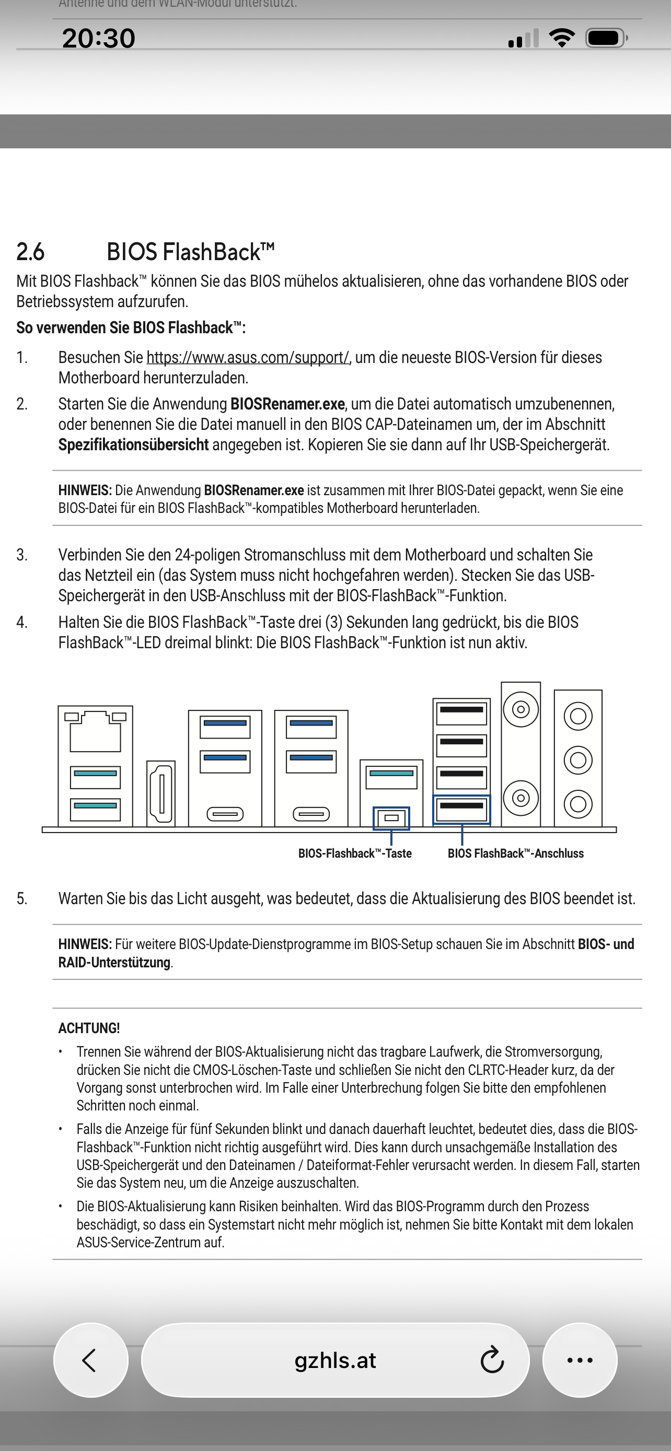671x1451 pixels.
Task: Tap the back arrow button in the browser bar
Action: tap(90, 1360)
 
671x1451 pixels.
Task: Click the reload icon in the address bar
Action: tap(492, 1360)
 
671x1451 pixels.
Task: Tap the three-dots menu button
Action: tap(580, 1360)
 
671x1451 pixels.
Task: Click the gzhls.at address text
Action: tap(335, 1360)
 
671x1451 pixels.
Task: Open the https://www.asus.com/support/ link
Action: tap(247, 358)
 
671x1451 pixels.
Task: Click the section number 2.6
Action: tap(30, 252)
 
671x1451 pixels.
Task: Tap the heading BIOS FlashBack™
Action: tap(190, 252)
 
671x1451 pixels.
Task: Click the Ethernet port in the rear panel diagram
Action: tap(95, 731)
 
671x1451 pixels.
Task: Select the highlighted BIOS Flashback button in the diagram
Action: tap(391, 818)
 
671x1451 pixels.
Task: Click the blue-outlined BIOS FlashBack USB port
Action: tap(461, 809)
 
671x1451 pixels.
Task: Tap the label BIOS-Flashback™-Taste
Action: tap(355, 853)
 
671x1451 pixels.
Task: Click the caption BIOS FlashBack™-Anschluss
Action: tap(515, 853)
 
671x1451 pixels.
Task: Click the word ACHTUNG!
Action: tap(89, 1028)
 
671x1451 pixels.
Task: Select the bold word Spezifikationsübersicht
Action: tap(134, 445)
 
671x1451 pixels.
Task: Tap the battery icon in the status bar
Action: tap(606, 38)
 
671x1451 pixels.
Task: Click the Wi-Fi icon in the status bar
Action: tap(562, 38)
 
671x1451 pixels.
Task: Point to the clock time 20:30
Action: tap(99, 38)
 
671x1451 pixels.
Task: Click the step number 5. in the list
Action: tap(22, 898)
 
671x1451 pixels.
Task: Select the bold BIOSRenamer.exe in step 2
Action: tap(287, 404)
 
